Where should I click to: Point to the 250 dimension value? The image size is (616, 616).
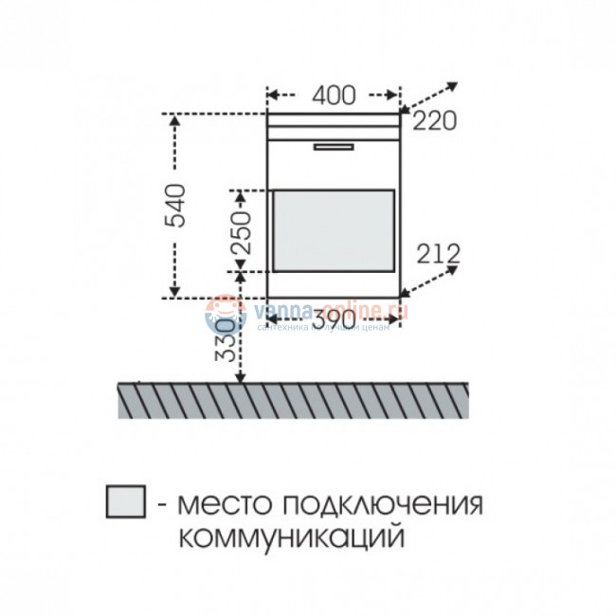click(x=242, y=229)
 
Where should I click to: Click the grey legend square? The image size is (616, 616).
click(x=126, y=502)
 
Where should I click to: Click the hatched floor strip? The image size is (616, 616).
click(x=294, y=399)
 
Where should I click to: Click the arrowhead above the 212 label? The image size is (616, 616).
click(x=453, y=269)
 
